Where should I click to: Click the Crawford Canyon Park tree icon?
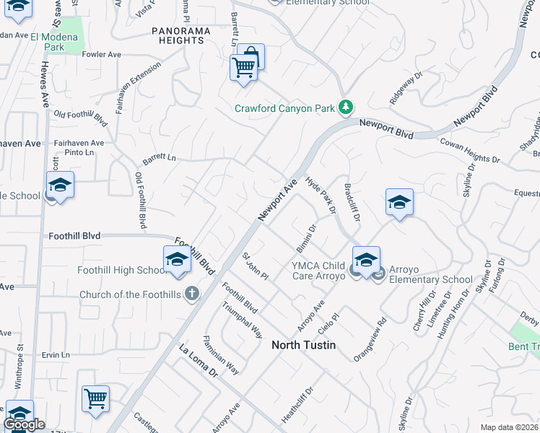coord(347,108)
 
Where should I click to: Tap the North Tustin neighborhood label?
coord(303,345)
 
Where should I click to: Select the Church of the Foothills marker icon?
coord(191,294)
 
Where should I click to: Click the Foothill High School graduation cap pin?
coord(176,261)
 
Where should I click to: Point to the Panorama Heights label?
coord(181,35)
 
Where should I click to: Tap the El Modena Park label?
coord(64,42)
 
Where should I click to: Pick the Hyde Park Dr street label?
coord(321,195)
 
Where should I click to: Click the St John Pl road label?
coord(255,266)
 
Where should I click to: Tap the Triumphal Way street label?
coord(243,321)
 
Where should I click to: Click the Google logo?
coord(24,424)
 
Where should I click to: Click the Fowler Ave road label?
coord(102,54)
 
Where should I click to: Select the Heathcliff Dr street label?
coord(297,406)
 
